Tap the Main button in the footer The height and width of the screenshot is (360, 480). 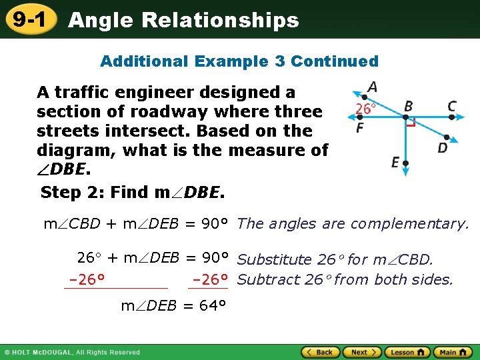451,352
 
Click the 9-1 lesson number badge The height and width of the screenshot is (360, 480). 29,20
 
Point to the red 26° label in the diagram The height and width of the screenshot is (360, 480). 366,109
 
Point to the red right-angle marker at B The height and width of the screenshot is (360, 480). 412,123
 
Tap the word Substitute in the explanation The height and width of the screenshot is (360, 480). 274,259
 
